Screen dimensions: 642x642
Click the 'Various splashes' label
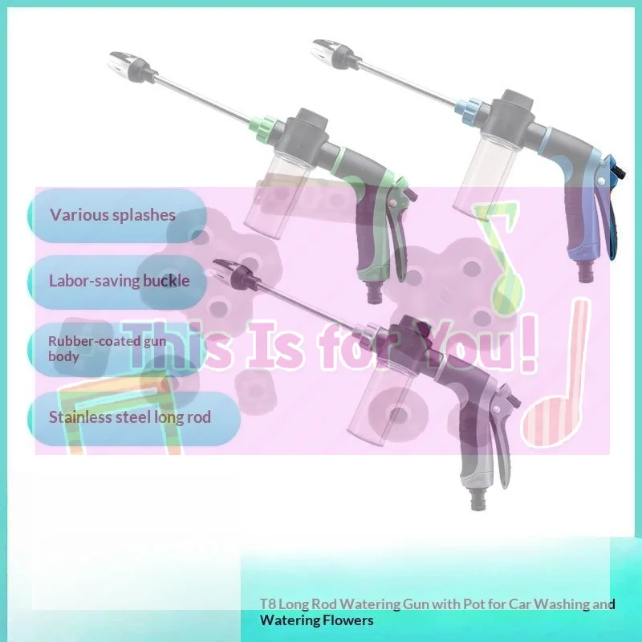pos(112,215)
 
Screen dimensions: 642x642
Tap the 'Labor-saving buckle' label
pos(119,281)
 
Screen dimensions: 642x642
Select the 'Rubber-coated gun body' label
pos(108,348)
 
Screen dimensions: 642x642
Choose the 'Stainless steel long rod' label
pos(130,417)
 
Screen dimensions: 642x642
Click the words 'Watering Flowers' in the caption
pos(316,620)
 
